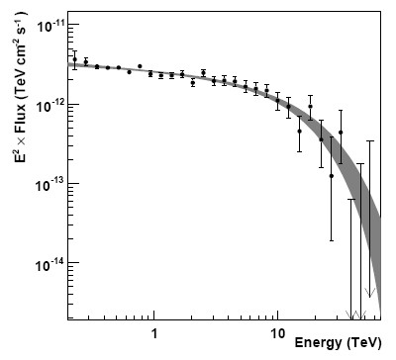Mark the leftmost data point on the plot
74,59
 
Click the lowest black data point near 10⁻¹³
332,176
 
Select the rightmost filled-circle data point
341,132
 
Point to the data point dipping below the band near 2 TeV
193,83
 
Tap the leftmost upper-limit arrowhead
349,306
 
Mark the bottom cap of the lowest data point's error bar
332,240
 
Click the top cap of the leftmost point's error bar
74,49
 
